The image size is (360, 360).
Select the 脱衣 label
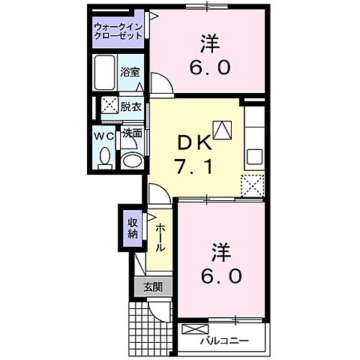click(131, 106)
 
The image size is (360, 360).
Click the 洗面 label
click(132, 133)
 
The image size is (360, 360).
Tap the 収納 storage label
click(132, 228)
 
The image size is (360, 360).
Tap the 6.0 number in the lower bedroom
click(221, 276)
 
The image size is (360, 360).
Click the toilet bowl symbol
click(104, 157)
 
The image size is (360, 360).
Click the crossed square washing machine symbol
click(109, 106)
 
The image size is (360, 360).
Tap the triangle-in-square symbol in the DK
click(222, 131)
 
